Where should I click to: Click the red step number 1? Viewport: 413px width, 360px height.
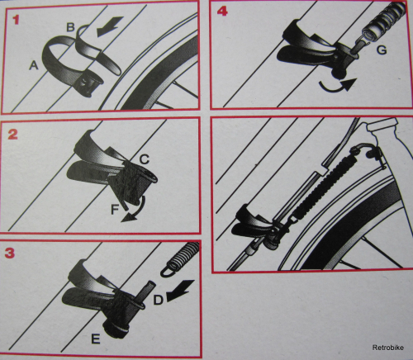pos(16,20)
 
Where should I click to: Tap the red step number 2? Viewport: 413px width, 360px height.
pos(12,135)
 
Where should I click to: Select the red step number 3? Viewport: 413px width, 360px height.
pos(10,253)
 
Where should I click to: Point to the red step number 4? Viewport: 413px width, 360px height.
pos(222,12)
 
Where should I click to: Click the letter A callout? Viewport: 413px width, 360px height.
pos(34,65)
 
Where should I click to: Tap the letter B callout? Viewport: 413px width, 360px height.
pos(71,27)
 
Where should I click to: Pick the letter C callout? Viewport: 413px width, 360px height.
pos(145,159)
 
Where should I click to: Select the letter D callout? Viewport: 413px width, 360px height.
pos(158,300)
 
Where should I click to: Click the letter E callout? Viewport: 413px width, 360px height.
pos(95,339)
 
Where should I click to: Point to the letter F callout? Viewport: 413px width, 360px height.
pos(115,210)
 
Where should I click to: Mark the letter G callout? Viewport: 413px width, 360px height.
pos(382,50)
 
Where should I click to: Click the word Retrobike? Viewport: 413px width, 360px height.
pos(388,348)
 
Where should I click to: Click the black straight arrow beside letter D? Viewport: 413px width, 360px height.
pos(180,291)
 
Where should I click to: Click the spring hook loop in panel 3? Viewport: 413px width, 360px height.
pos(169,270)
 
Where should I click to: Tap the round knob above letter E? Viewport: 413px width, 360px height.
pos(116,329)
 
